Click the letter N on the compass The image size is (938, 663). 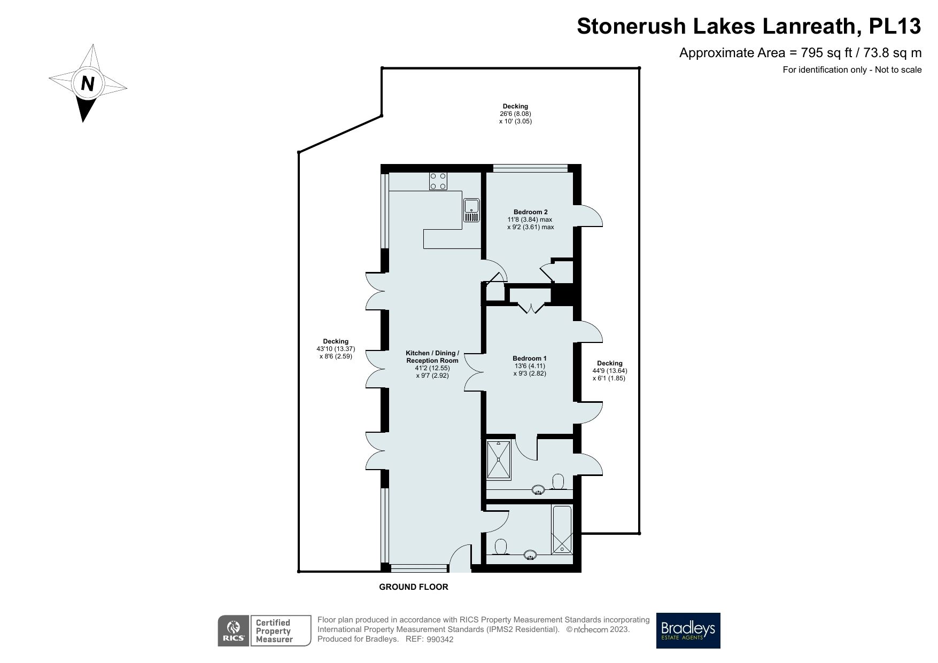88,84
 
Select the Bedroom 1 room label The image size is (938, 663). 529,358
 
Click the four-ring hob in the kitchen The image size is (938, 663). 438,181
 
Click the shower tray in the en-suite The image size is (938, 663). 499,459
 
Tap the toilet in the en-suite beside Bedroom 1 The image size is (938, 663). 559,481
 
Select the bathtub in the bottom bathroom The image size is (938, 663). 562,529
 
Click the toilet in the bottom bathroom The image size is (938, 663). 501,547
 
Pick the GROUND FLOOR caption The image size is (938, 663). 413,587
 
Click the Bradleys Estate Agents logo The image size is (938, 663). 688,630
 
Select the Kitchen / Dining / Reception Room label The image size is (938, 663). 432,357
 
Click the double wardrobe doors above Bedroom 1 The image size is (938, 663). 531,308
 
